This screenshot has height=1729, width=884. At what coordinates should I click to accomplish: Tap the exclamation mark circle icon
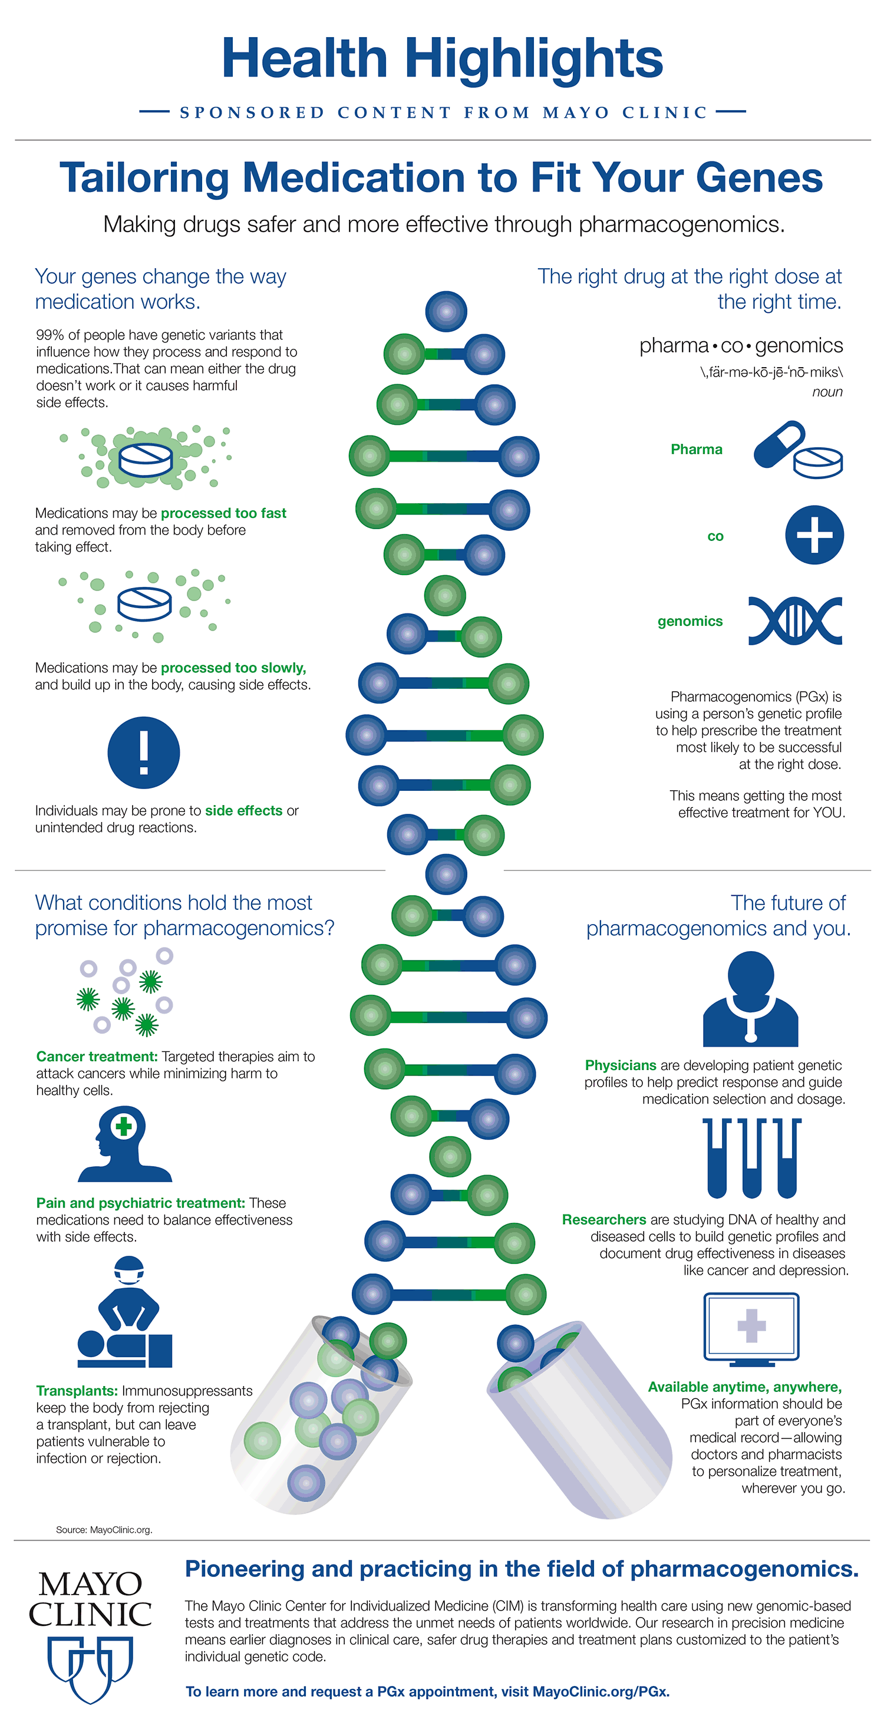144,753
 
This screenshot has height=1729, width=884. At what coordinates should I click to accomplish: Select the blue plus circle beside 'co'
814,535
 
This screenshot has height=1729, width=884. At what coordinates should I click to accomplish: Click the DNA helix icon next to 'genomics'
795,621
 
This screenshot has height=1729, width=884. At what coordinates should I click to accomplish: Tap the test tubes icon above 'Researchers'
752,1158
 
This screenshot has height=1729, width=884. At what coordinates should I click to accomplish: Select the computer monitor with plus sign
751,1329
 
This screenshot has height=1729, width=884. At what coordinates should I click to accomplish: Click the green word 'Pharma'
696,450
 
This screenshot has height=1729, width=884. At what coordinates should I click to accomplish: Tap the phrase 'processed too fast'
223,513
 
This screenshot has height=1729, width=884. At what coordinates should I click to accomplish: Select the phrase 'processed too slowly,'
233,668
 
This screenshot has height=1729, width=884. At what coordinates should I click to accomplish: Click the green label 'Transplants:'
77,1391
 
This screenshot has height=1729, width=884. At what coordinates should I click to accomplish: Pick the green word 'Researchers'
603,1220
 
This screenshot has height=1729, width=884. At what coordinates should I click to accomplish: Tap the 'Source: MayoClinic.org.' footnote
104,1530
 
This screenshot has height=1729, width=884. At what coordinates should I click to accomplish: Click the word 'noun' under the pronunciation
827,392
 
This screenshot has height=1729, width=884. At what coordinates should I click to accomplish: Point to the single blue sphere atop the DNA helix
446,311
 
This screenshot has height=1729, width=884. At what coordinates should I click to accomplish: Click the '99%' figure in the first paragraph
48,335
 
